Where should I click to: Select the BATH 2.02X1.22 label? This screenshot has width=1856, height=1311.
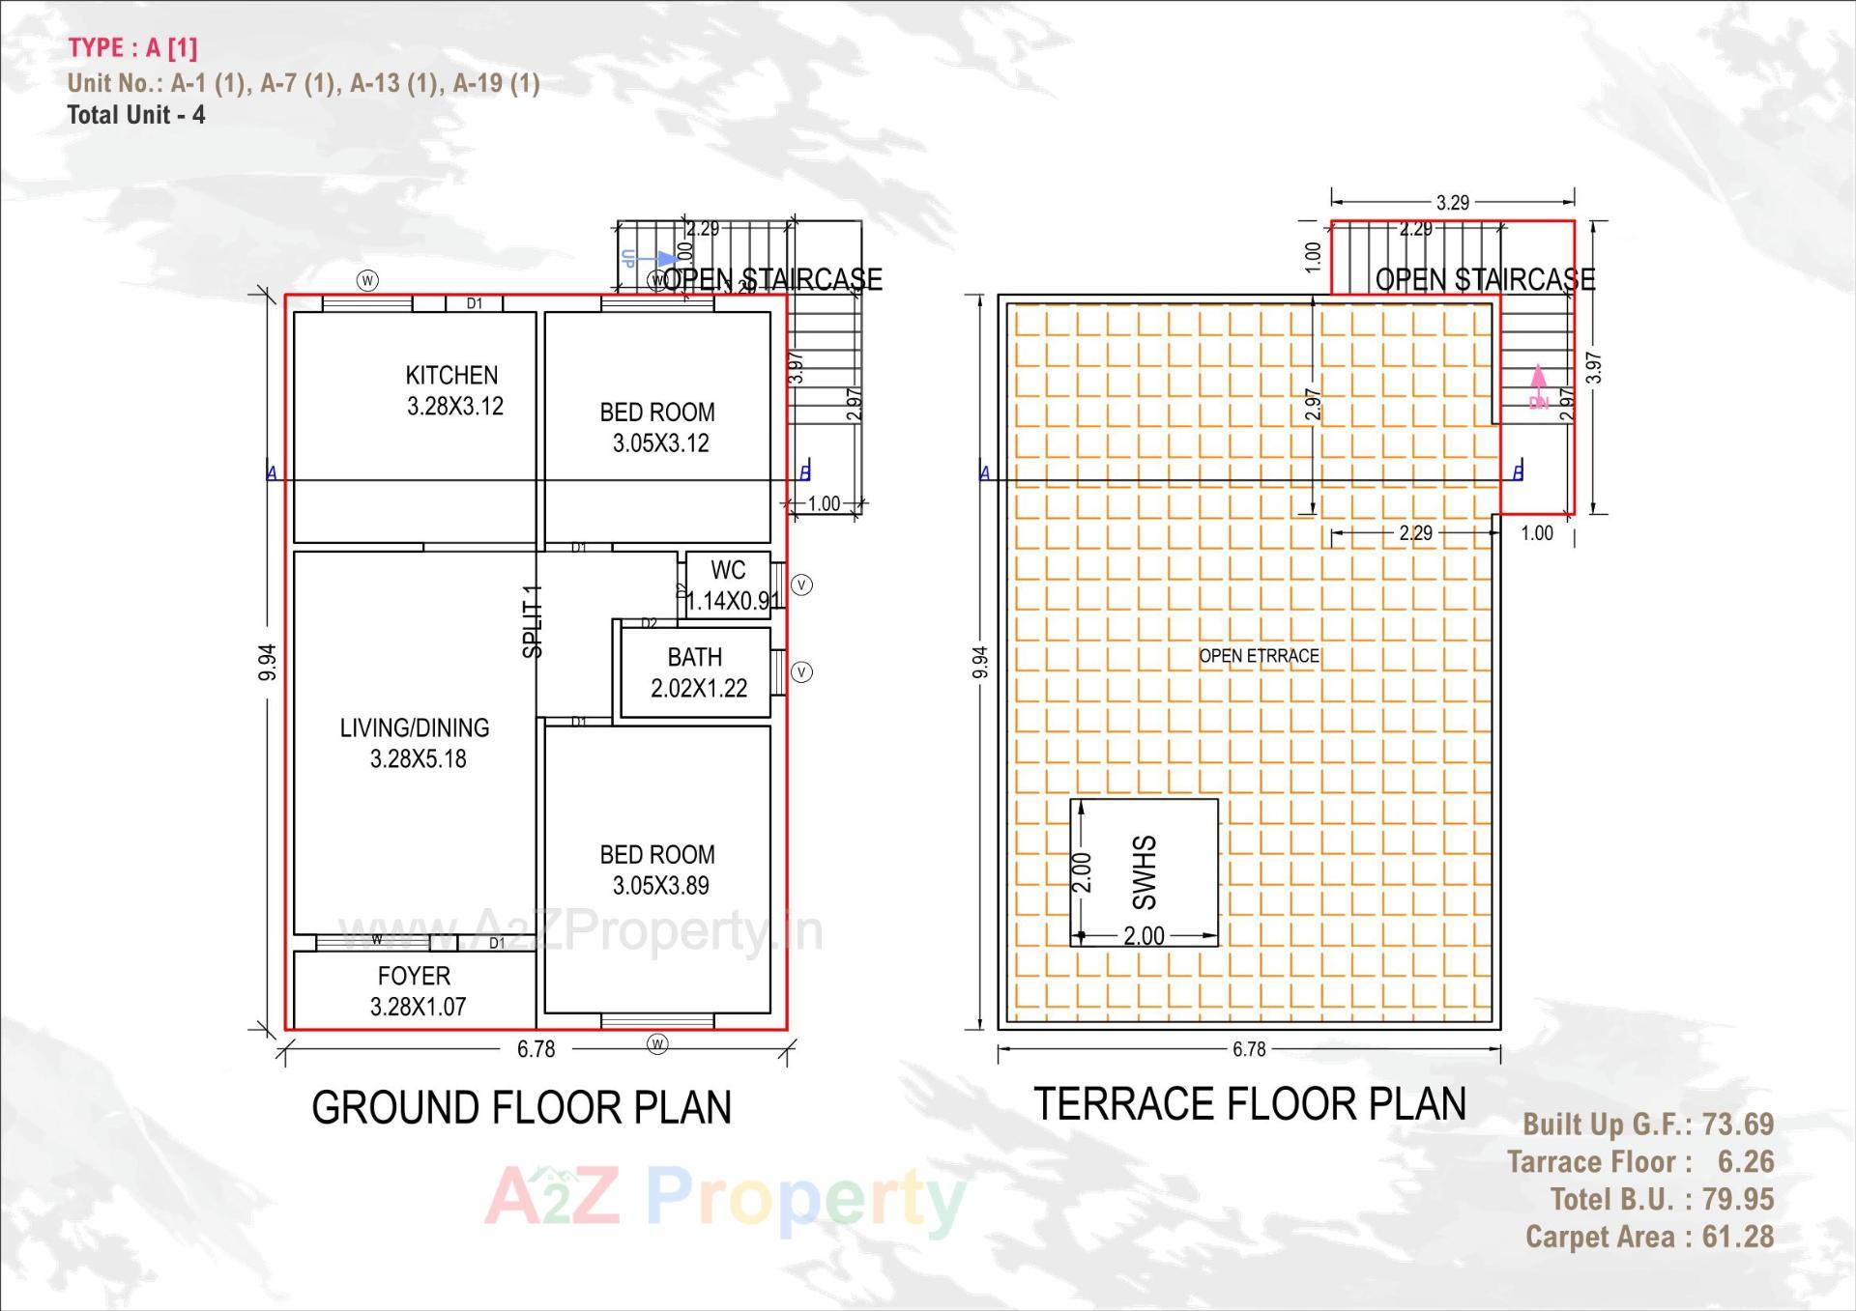(x=697, y=672)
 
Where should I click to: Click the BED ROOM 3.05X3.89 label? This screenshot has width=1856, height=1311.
(x=658, y=869)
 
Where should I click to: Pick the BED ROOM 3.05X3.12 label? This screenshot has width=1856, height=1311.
(x=658, y=427)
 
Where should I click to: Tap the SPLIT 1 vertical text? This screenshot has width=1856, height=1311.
(x=533, y=621)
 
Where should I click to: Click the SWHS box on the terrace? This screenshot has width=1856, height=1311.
(x=1144, y=871)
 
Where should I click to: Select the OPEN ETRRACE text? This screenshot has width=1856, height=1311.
(x=1259, y=656)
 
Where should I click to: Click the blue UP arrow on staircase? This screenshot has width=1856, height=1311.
(x=664, y=258)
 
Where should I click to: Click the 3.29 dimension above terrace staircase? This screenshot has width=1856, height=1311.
(x=1452, y=202)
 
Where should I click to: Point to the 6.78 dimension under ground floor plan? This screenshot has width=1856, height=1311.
(x=536, y=1049)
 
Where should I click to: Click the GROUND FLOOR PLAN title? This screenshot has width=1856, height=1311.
(x=521, y=1107)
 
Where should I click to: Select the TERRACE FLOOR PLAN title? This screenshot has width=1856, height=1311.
(x=1249, y=1103)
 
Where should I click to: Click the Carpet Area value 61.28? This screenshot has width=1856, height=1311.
(x=1737, y=1237)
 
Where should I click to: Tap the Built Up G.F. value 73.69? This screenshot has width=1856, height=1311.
(x=1737, y=1124)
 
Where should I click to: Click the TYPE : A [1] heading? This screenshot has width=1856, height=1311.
(x=132, y=47)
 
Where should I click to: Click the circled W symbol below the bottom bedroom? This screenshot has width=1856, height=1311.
(x=657, y=1043)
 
